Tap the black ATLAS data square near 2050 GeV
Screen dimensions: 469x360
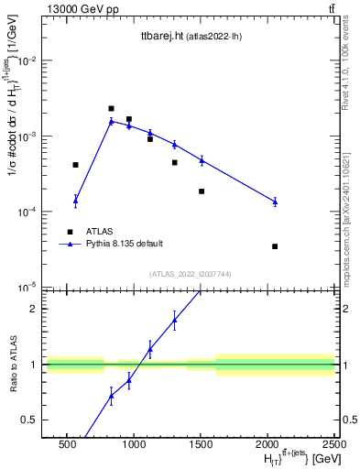click(275, 246)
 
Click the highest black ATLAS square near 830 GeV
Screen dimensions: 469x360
click(111, 108)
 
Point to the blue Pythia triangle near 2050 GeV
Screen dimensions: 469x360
click(275, 202)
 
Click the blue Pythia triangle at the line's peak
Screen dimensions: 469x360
click(111, 121)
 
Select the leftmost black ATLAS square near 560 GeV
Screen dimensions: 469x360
click(75, 165)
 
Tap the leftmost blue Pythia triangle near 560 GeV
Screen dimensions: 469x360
click(75, 200)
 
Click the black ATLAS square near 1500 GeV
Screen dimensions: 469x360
click(202, 191)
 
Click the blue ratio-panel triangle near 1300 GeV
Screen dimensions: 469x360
click(174, 320)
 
